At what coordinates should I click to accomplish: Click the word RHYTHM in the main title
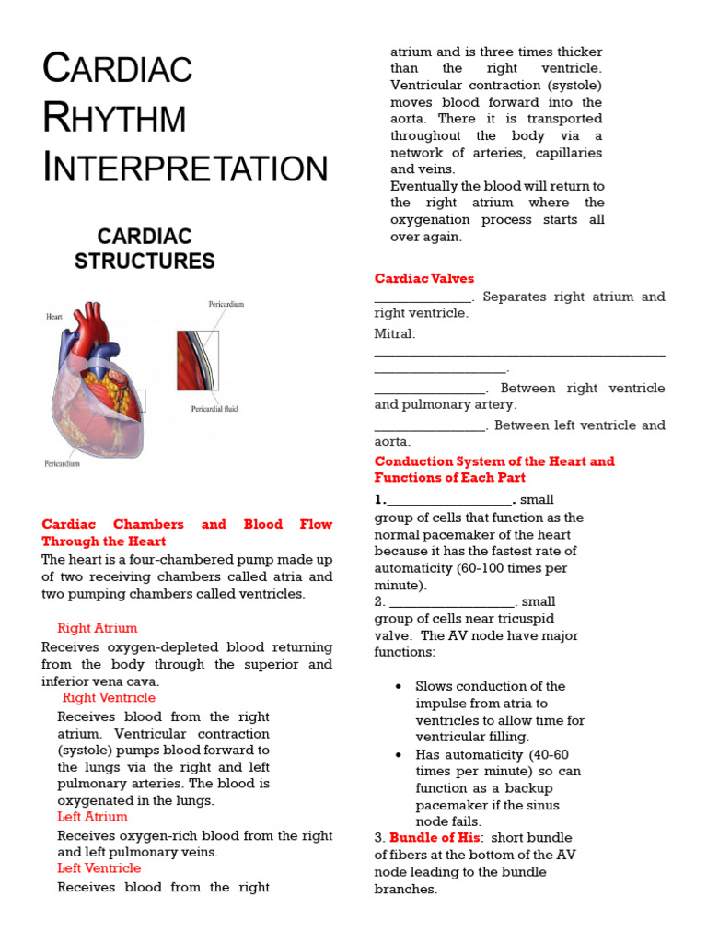point(115,119)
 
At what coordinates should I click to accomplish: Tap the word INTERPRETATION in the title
point(185,169)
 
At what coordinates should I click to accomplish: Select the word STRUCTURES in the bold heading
point(145,261)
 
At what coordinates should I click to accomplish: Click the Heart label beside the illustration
point(54,316)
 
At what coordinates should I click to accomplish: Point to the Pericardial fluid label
point(214,409)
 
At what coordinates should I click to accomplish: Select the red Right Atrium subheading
point(97,628)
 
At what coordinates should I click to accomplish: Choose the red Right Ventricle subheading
point(109,697)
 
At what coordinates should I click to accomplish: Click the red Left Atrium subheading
point(92,817)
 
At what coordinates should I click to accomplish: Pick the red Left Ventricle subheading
point(99,868)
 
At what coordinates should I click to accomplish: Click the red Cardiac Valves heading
point(423,278)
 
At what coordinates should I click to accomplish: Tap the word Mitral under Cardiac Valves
point(394,333)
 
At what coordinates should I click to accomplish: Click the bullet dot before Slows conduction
point(398,687)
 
